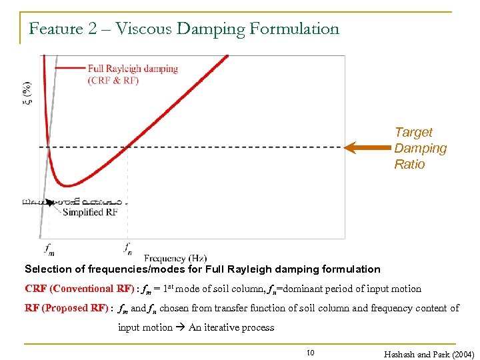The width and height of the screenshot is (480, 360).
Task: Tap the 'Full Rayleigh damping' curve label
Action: (133, 69)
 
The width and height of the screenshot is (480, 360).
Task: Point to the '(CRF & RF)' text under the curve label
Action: (113, 81)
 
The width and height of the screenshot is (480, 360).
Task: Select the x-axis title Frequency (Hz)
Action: (175, 258)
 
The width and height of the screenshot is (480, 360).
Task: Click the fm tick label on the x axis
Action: (49, 249)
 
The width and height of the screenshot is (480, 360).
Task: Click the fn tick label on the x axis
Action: (127, 249)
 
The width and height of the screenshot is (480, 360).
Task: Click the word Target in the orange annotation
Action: (413, 133)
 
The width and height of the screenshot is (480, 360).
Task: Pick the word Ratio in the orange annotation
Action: (409, 164)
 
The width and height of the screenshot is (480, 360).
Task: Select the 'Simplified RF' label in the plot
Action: (92, 212)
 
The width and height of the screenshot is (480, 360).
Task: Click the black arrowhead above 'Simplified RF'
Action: (50, 202)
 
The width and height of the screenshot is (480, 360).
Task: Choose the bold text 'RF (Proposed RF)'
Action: (67, 308)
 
